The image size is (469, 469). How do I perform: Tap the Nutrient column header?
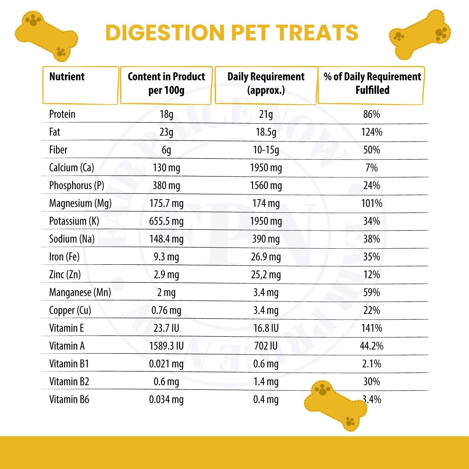pyautogui.click(x=67, y=77)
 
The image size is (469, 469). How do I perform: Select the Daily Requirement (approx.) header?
pyautogui.click(x=266, y=83)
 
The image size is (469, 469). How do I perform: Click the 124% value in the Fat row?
pyautogui.click(x=371, y=132)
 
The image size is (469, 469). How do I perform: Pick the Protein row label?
pyautogui.click(x=62, y=114)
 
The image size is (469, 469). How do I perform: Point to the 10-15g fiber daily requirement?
pyautogui.click(x=266, y=150)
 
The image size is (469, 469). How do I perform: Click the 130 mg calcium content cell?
pyautogui.click(x=166, y=168)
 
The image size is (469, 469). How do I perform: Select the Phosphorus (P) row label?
pyautogui.click(x=77, y=186)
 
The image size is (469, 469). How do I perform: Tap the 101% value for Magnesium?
pyautogui.click(x=371, y=204)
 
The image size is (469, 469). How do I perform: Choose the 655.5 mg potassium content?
pyautogui.click(x=166, y=221)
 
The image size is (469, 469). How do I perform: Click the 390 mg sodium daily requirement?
pyautogui.click(x=266, y=239)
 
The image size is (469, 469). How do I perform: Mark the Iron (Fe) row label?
pyautogui.click(x=64, y=257)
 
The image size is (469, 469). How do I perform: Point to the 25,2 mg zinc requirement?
pyautogui.click(x=266, y=275)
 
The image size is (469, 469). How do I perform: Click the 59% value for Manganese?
pyautogui.click(x=371, y=293)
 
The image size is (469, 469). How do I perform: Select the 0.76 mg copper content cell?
pyautogui.click(x=166, y=310)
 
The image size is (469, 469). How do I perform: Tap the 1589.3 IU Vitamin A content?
pyautogui.click(x=166, y=346)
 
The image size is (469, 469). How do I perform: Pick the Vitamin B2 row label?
pyautogui.click(x=69, y=382)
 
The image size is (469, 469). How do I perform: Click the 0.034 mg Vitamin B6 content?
pyautogui.click(x=166, y=400)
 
